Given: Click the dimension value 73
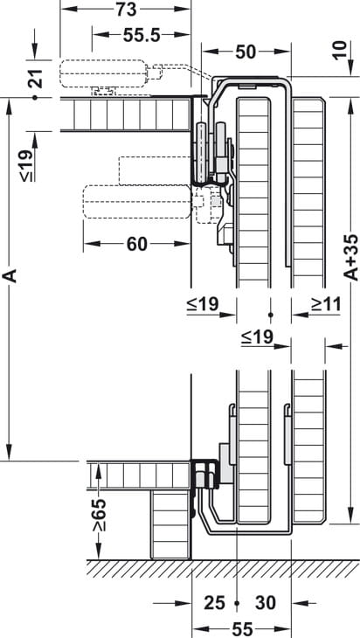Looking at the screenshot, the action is (126, 10).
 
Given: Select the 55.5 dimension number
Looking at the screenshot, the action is (142, 36).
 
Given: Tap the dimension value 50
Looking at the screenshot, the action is (246, 52).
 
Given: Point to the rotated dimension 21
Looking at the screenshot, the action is (38, 79).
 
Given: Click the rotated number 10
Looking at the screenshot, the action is (342, 51).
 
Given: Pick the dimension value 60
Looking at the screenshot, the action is (137, 244).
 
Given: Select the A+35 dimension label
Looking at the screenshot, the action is (351, 258).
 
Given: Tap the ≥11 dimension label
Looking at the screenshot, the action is (326, 303).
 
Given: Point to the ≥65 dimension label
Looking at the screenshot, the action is (100, 514).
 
